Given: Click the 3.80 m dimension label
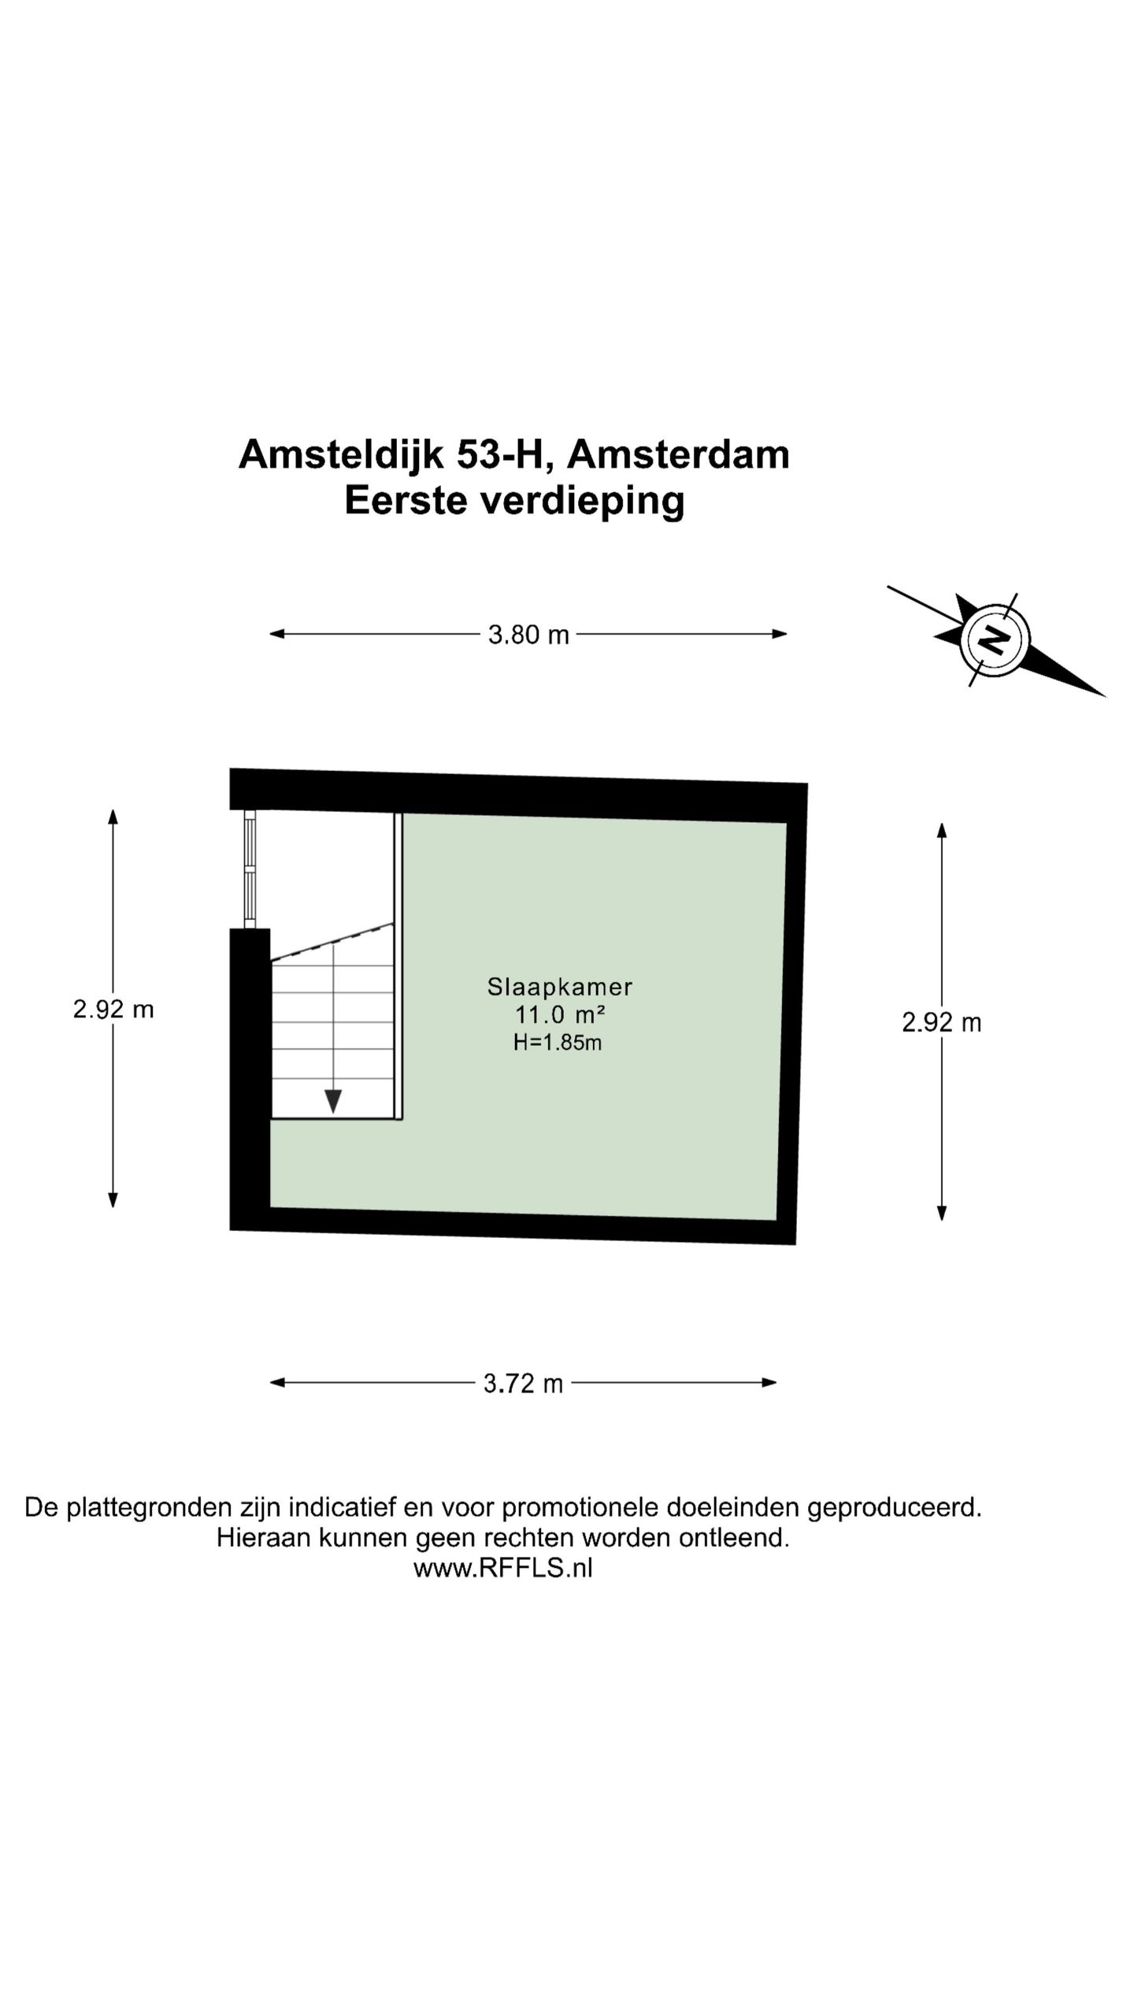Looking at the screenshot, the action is point(528,634).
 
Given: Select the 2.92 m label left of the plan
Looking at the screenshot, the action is point(113,1009).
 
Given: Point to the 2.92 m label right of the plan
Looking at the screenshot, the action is point(941,1022).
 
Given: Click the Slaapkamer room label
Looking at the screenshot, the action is point(560,986).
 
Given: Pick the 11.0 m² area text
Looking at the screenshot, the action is point(560,1014).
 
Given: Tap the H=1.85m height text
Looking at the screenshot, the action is point(558,1043).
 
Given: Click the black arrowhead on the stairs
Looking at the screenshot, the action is point(333,1101).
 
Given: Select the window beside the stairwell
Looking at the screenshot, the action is point(250,869).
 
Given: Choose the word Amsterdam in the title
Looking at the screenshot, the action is point(677,454).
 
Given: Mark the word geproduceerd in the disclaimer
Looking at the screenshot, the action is point(895,1508).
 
